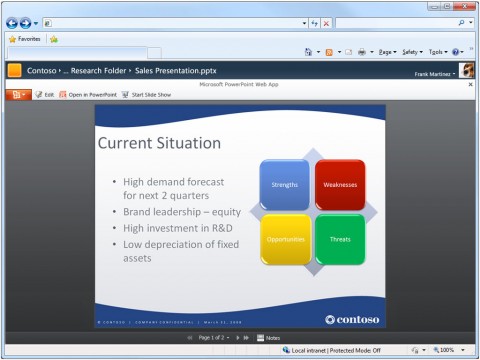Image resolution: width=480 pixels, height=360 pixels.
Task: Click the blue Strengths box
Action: tap(284, 184)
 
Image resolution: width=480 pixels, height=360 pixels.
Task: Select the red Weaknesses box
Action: tap(340, 184)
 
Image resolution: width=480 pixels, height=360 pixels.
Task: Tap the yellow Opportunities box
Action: tap(284, 239)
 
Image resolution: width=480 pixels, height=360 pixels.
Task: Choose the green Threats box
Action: tap(340, 239)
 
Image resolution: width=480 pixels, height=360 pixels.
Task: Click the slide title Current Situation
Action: tap(160, 144)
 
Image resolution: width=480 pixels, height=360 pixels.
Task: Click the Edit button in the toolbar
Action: tap(44, 94)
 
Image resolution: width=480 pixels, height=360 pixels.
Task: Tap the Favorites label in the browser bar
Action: tap(24, 39)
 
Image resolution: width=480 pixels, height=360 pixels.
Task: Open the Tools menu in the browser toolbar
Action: tap(436, 51)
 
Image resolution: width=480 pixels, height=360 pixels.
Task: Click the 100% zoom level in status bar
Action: tap(444, 350)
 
